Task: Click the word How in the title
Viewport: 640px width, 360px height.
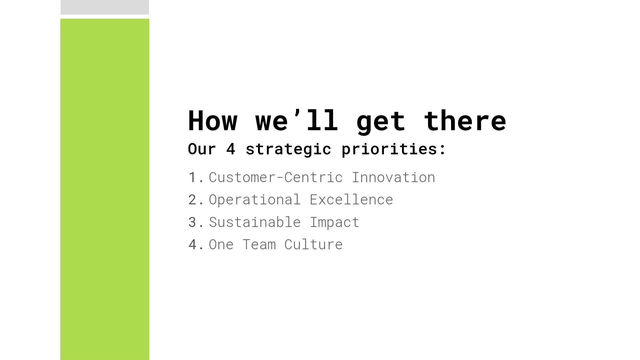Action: (x=213, y=120)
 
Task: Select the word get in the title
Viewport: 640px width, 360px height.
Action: (x=381, y=123)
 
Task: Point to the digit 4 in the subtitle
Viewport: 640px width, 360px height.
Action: (x=231, y=149)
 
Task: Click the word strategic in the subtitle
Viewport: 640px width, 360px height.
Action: (x=288, y=149)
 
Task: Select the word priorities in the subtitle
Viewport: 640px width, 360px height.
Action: (x=389, y=149)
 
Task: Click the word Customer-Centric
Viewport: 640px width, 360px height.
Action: (x=276, y=177)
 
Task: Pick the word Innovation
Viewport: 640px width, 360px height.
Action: (x=393, y=177)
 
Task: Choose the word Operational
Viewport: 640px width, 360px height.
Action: (x=255, y=200)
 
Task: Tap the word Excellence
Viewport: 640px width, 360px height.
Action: (x=351, y=199)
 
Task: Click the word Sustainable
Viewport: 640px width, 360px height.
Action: (x=255, y=222)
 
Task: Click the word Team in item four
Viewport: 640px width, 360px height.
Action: (x=259, y=245)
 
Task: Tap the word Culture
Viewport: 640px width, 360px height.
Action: (x=313, y=244)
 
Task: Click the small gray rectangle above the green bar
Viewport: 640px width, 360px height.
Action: (x=105, y=7)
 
